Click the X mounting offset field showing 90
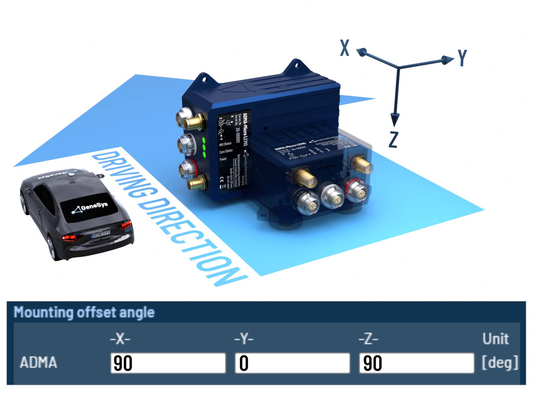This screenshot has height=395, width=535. point(168,363)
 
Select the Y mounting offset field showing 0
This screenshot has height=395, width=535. point(292,363)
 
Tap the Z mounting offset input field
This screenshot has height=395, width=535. point(416,363)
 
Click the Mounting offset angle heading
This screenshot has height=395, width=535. point(84,312)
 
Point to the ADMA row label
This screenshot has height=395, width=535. point(38,362)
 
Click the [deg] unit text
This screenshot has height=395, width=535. point(500,362)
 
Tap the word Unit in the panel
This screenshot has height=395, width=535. point(495,339)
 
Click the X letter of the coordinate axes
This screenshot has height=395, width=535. point(344,48)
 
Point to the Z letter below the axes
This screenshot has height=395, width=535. point(393,139)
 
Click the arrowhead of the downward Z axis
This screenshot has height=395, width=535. point(395,119)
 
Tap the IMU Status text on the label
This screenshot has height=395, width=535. point(225,144)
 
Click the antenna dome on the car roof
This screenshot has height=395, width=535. point(71,173)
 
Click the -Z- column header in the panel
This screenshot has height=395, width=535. point(368,339)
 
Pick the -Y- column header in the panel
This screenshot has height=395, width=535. point(244,339)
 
